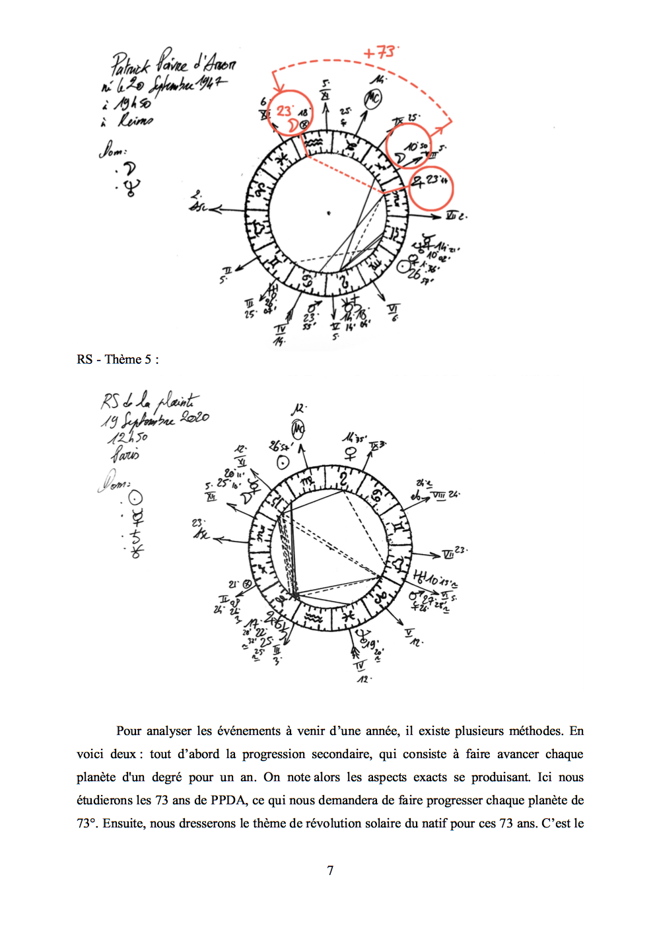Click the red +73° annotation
click(380, 52)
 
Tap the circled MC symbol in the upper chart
click(373, 98)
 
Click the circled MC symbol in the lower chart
click(298, 431)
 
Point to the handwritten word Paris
click(125, 454)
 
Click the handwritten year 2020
click(195, 417)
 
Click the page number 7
click(330, 870)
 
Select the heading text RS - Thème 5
click(118, 359)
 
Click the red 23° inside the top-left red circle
click(284, 110)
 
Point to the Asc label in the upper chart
click(197, 206)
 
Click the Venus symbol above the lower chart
click(350, 454)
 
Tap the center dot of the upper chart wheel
click(328, 213)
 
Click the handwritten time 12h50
click(128, 437)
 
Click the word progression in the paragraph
click(273, 754)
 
